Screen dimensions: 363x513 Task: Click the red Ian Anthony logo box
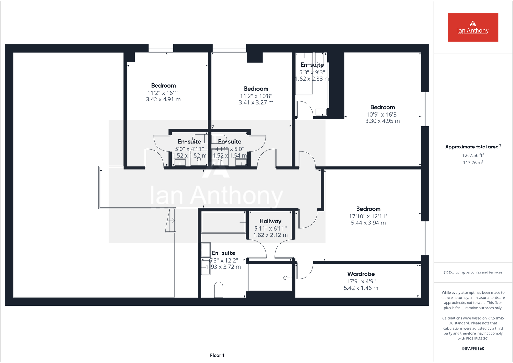coord(473,27)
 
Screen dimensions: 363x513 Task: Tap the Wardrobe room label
coord(361,274)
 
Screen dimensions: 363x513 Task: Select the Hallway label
coord(270,221)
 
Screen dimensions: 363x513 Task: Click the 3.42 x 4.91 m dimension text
coord(163,100)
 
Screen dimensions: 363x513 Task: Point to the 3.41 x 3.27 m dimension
coord(256,103)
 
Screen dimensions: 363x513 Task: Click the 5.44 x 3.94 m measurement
coord(368,223)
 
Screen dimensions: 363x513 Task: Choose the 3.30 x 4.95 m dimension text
coord(382,121)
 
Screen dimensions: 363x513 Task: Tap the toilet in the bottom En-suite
coord(218,289)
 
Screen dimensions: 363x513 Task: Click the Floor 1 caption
coord(217,355)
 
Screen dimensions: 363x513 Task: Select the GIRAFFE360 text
coord(473,349)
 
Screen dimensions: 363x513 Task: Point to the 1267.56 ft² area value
coord(473,155)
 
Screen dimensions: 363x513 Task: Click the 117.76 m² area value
coord(473,163)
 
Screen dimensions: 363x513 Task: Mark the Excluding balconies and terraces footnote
coord(473,272)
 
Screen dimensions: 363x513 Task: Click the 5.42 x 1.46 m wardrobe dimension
coord(361,288)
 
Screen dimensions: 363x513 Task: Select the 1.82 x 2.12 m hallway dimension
coord(270,235)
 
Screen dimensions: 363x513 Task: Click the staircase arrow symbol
coord(171,220)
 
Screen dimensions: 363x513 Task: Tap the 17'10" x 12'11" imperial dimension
coord(368,216)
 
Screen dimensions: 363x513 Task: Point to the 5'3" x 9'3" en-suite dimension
coord(312,72)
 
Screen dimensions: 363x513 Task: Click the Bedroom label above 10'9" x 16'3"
coord(382,107)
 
